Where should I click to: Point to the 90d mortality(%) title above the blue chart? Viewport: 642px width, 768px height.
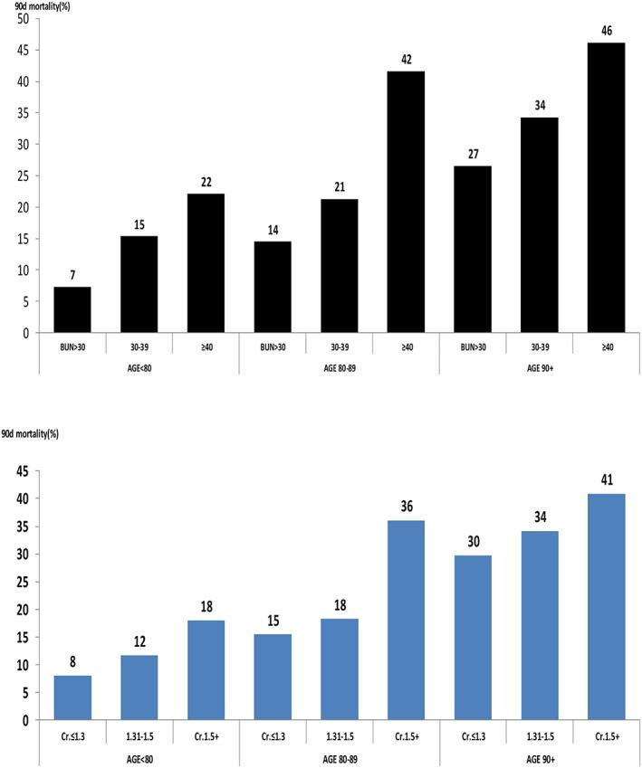tap(43, 436)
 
